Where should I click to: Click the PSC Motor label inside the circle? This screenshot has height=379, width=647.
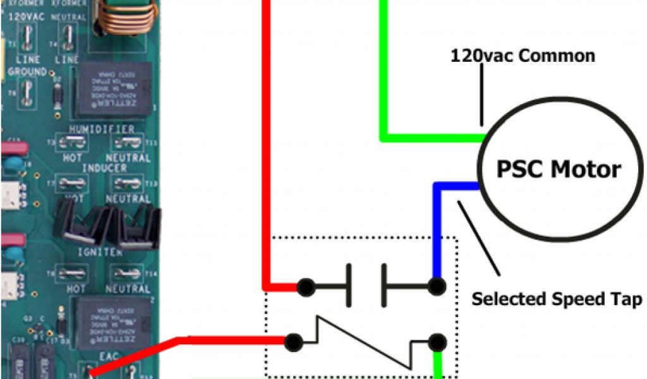[559, 169]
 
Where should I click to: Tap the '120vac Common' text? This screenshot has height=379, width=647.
[523, 56]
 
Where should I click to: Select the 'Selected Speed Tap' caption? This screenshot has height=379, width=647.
[556, 299]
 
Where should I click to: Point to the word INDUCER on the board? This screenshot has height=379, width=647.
[104, 168]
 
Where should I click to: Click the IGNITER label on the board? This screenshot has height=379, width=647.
[101, 252]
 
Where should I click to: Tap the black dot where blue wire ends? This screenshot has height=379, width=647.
[435, 287]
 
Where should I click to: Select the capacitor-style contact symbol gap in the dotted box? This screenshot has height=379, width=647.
[366, 286]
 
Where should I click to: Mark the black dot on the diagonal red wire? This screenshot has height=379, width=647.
[292, 342]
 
